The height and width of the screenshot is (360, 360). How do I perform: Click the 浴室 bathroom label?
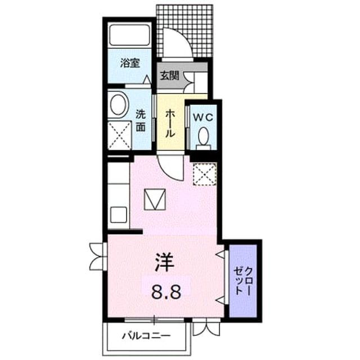tap(130, 63)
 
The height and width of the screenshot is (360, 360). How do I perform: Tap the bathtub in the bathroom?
tap(130, 35)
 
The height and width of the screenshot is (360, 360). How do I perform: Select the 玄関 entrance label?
tap(169, 75)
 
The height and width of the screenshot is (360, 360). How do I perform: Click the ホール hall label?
tap(170, 123)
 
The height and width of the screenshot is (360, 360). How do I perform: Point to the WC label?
tap(204, 118)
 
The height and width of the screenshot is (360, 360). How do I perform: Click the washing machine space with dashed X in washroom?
tap(119, 136)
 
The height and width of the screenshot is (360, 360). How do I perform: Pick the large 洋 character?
tap(164, 262)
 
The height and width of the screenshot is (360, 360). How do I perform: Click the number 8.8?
tap(166, 291)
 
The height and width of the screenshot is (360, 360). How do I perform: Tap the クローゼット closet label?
tap(242, 281)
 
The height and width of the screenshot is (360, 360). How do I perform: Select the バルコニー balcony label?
tap(146, 336)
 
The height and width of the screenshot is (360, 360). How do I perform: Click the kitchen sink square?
tap(118, 215)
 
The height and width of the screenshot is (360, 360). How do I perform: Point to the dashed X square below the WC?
tap(205, 174)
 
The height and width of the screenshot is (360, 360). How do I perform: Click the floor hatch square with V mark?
tap(155, 199)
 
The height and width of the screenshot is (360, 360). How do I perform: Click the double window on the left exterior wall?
tap(98, 256)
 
